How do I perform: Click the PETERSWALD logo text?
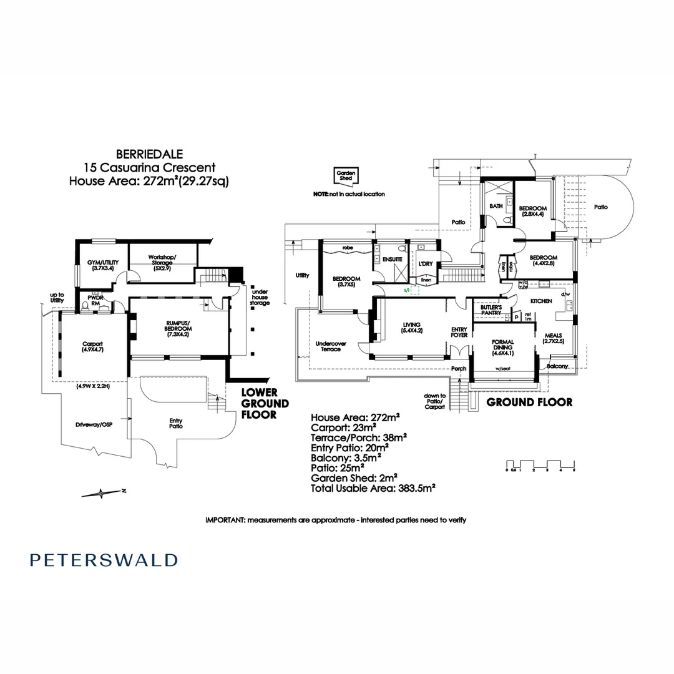click(104, 560)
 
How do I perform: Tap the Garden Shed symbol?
click(345, 176)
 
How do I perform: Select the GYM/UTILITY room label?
click(101, 265)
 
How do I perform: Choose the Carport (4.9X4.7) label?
click(92, 347)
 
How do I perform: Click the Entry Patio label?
click(176, 424)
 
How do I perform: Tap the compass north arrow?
click(102, 493)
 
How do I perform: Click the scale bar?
click(540, 466)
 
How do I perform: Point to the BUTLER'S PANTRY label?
click(491, 310)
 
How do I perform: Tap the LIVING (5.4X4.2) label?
click(413, 328)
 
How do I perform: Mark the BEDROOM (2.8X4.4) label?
click(533, 211)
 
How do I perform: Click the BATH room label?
click(496, 205)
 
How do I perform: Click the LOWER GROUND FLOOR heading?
click(265, 403)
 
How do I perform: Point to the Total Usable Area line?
click(373, 488)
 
